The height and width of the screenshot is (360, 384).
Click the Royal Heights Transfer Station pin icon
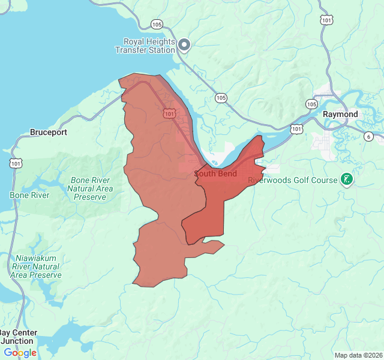185,44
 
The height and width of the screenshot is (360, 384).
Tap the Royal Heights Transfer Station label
149,46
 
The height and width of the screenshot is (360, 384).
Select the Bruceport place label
49,132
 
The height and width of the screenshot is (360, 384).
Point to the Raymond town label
340,114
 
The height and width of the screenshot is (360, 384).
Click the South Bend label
215,174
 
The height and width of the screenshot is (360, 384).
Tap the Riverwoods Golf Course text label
293,179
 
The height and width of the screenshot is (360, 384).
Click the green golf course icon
346,179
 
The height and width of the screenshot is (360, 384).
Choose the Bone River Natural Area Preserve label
90,188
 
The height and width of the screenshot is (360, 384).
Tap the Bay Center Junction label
18,337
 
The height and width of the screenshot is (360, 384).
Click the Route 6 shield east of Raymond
368,137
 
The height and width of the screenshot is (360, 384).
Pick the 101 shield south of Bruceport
16,163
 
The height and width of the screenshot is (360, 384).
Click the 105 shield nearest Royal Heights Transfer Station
157,25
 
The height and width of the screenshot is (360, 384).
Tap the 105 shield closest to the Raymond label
311,104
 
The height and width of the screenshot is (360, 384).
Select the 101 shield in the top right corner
326,20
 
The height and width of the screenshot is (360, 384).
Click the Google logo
20,353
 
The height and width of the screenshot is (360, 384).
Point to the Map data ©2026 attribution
358,355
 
